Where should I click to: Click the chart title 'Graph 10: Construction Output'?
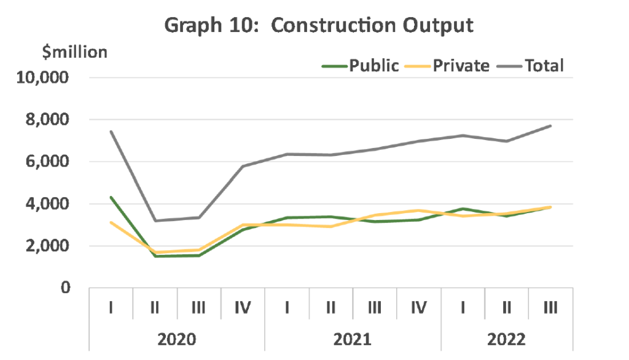click(319, 26)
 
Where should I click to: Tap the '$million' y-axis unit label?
click(74, 52)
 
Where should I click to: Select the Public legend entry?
click(361, 66)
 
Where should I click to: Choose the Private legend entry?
click(447, 66)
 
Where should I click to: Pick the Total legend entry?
click(530, 66)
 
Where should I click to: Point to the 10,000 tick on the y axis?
click(42, 77)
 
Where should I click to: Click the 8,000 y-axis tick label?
click(47, 120)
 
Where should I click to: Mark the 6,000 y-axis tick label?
click(47, 162)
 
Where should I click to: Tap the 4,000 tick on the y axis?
click(47, 204)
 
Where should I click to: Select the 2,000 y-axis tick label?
click(47, 246)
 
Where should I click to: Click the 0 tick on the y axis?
click(65, 288)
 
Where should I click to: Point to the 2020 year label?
click(176, 340)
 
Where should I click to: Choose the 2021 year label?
click(353, 340)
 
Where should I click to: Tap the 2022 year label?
click(507, 340)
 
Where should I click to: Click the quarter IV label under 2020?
click(243, 308)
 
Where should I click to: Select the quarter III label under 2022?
click(551, 308)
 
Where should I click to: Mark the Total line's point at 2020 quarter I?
click(111, 131)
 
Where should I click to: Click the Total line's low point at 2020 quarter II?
click(155, 221)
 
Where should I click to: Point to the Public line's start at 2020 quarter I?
click(111, 197)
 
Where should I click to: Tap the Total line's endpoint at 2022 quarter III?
click(550, 126)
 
